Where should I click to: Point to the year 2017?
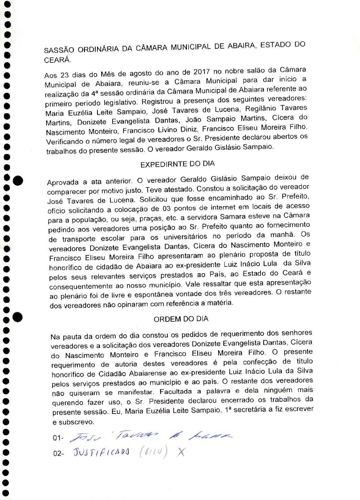tap(201, 72)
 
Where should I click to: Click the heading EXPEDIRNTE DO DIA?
tap(178, 164)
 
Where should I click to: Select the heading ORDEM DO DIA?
tap(181, 319)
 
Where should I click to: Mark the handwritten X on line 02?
tap(180, 452)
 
